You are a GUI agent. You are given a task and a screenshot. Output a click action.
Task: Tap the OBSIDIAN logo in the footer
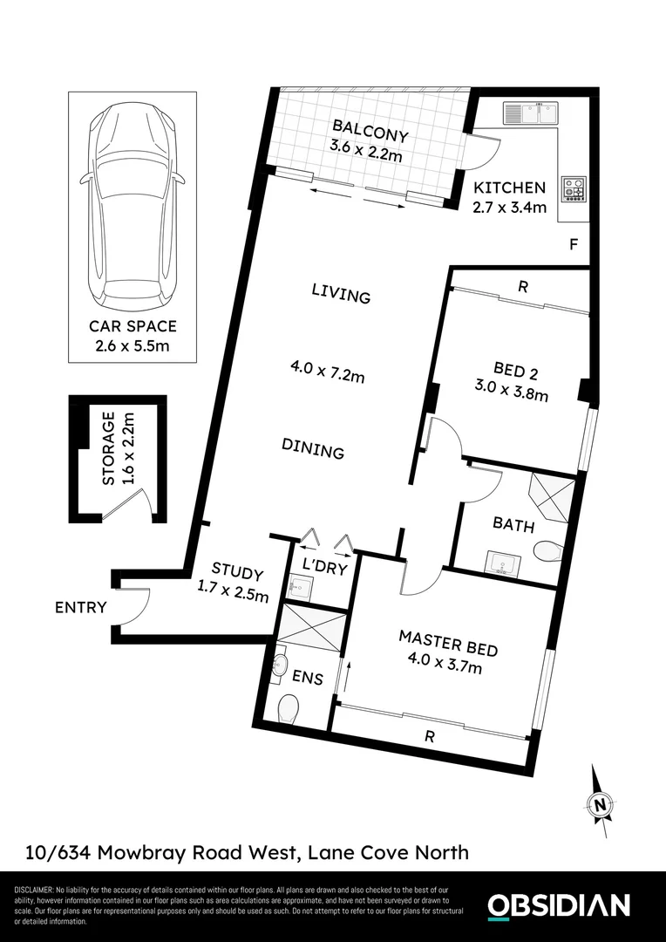(x=558, y=905)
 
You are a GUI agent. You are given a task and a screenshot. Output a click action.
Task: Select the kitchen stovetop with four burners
(x=574, y=188)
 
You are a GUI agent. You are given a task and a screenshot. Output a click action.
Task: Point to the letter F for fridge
(x=573, y=244)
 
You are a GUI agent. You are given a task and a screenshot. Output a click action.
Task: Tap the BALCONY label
(x=370, y=135)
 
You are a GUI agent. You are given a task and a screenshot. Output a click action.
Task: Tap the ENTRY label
(x=80, y=607)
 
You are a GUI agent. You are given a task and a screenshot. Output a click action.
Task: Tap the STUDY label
(x=237, y=574)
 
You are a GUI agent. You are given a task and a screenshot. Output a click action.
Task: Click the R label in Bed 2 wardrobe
(x=521, y=286)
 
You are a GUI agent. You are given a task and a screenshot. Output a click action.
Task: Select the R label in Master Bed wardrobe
(x=429, y=736)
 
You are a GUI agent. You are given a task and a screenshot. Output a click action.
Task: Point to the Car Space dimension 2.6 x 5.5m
(x=133, y=345)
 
